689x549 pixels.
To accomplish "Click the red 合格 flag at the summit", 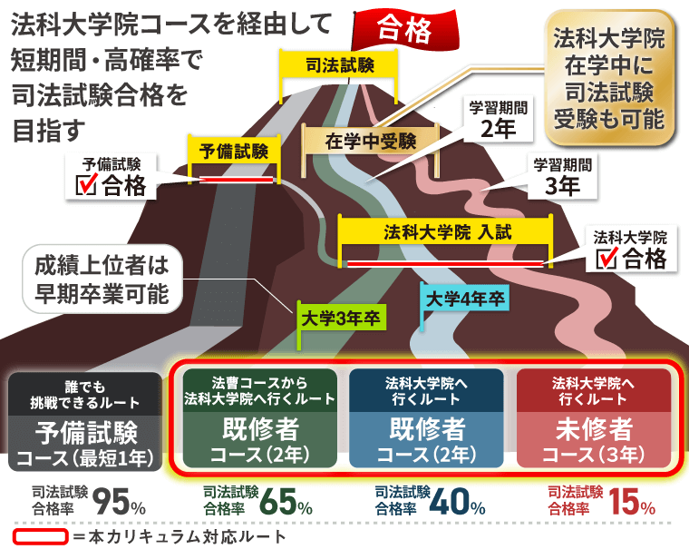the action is click(x=405, y=29).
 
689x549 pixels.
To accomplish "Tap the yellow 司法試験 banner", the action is click(x=339, y=65).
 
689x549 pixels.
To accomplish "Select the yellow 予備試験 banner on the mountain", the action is click(x=234, y=152).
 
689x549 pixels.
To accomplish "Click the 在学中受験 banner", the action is click(x=371, y=141).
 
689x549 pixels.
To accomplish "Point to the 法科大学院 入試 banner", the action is click(x=445, y=232).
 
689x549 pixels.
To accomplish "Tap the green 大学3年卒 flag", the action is click(x=341, y=319).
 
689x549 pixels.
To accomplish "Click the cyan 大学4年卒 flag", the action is click(x=465, y=299).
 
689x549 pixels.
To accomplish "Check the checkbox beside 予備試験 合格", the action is click(x=86, y=184).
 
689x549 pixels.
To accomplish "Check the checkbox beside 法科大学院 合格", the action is click(x=607, y=258).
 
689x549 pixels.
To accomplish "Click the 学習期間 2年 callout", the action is click(x=498, y=119).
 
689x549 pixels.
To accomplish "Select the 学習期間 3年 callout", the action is click(x=562, y=176).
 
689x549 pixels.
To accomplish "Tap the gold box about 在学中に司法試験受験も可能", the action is click(x=608, y=78).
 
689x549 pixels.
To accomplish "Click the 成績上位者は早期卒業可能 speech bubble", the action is click(x=102, y=279).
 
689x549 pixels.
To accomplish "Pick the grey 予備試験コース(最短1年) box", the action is click(x=85, y=422).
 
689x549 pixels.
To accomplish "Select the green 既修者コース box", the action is click(x=259, y=418).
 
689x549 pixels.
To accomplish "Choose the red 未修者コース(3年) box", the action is click(x=594, y=418).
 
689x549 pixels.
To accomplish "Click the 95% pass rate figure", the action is click(x=119, y=502).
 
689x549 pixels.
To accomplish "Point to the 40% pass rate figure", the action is click(x=457, y=502).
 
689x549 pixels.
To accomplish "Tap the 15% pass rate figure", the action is click(x=632, y=502).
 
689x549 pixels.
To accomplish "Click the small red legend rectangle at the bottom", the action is click(x=41, y=536).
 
